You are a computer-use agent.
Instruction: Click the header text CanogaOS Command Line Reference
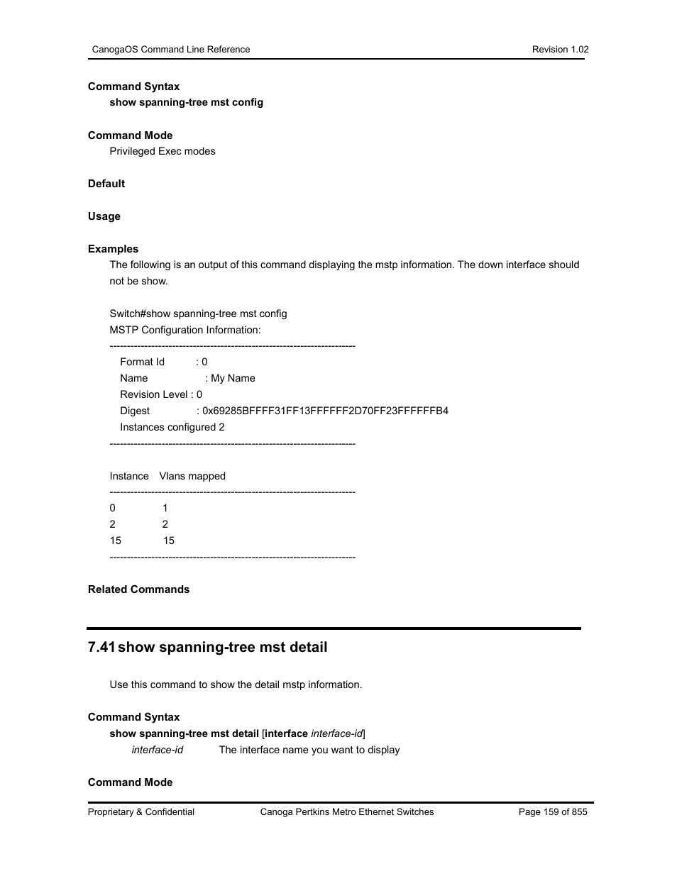170,49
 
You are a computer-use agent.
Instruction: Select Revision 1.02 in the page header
560,49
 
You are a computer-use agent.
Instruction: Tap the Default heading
106,184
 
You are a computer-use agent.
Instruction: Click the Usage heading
104,216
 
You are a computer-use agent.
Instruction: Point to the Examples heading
114,249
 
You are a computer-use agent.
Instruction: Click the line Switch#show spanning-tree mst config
198,314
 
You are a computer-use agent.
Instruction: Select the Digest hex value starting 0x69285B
325,411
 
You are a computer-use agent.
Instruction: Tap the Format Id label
142,362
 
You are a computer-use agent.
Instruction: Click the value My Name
233,378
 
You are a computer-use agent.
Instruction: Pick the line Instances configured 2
172,427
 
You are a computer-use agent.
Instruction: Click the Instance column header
129,476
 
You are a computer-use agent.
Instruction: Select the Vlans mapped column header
192,476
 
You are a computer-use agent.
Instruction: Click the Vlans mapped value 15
169,540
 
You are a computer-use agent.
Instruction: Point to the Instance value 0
113,508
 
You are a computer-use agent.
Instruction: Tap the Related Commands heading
139,589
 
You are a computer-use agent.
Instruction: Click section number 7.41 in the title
101,647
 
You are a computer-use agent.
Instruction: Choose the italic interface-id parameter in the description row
158,750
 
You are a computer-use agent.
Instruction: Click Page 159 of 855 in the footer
553,811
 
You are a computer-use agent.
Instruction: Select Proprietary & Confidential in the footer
141,811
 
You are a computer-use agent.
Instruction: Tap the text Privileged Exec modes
163,151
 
